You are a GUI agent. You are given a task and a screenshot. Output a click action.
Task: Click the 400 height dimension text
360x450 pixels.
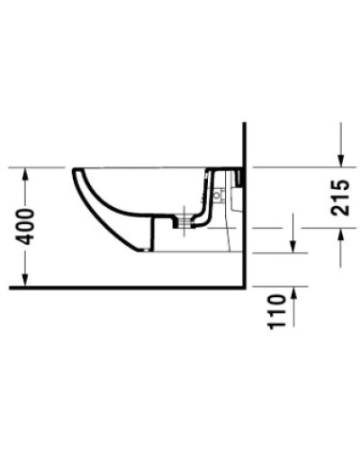tap(25, 227)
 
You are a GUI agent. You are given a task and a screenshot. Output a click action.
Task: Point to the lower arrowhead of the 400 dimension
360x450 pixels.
tap(25, 282)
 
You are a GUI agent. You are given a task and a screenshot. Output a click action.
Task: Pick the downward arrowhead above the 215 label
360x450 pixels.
tap(340, 160)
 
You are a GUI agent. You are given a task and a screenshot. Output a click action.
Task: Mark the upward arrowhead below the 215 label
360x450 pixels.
tap(340, 234)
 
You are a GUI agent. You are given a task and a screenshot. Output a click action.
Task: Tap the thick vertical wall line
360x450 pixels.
tap(245, 225)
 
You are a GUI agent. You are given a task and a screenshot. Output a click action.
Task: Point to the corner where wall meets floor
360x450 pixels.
tap(245, 289)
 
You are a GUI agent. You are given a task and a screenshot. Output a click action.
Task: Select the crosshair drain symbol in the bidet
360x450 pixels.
tap(187, 217)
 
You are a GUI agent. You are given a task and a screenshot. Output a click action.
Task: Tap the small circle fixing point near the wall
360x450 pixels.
tap(219, 195)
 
